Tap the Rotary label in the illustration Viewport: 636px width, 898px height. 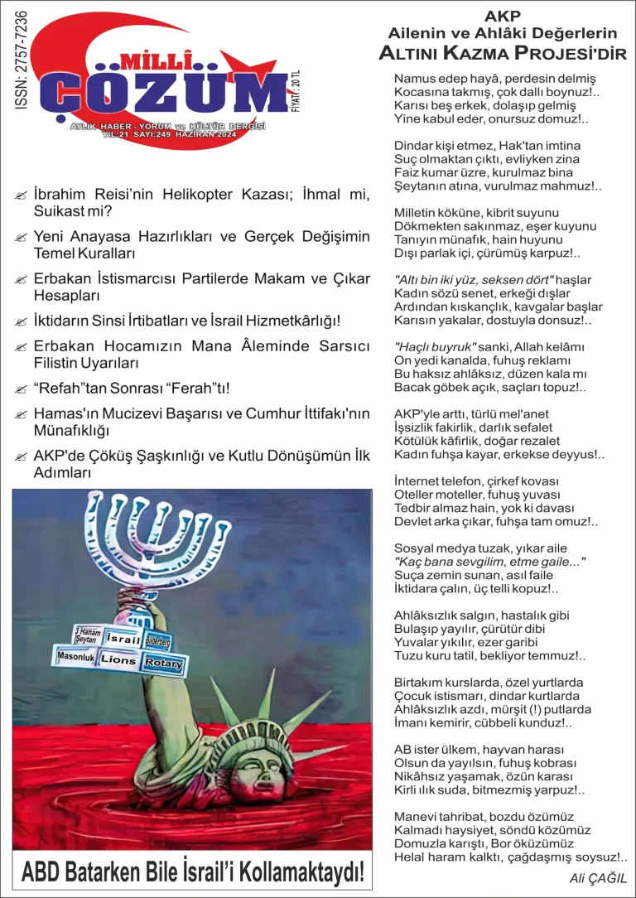163,664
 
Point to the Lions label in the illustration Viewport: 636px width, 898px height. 118,660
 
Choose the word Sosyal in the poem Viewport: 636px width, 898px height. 414,548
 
